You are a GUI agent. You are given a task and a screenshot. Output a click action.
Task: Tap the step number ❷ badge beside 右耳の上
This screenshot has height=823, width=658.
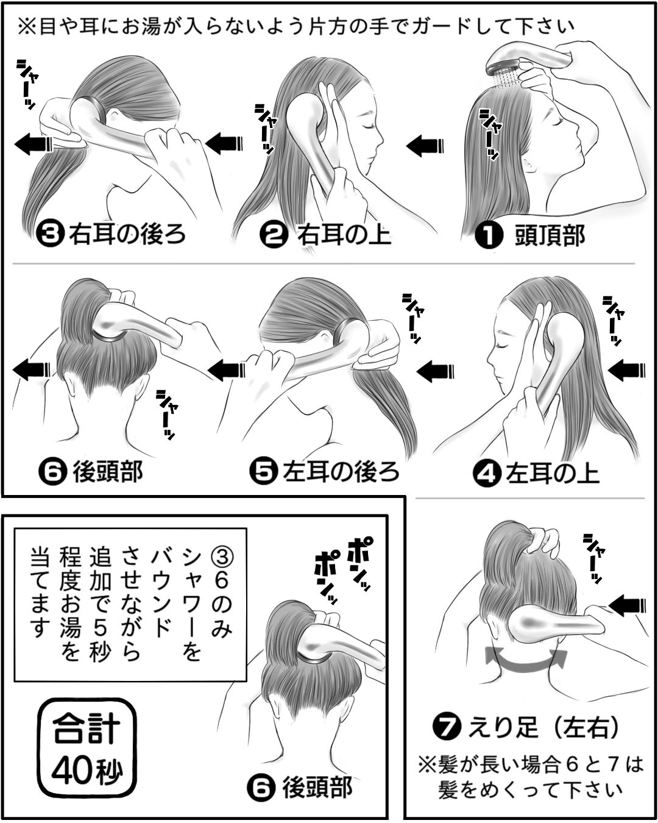click(274, 235)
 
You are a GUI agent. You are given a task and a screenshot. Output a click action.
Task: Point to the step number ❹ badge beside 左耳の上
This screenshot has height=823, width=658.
click(487, 474)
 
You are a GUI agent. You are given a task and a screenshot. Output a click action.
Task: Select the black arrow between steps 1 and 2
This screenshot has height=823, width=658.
click(425, 145)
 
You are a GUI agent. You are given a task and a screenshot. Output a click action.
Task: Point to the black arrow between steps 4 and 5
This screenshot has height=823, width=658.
click(436, 371)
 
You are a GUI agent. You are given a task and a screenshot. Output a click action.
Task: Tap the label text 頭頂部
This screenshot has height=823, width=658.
click(550, 235)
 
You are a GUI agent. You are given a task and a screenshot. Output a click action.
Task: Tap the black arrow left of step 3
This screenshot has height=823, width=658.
click(34, 144)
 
